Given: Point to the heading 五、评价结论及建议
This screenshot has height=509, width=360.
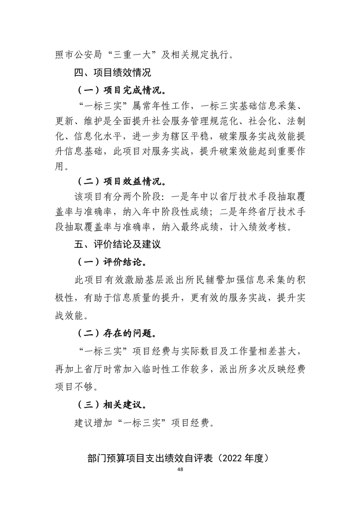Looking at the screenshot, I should point(119,245).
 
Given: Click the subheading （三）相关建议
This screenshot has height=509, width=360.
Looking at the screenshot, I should point(115,404).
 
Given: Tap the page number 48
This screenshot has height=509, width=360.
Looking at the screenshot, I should point(181,470).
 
